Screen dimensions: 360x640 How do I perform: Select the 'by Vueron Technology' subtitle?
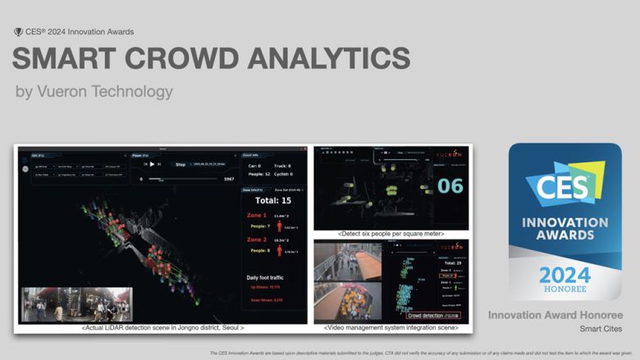(94, 92)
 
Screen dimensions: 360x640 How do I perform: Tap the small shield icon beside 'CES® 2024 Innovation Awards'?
(18, 32)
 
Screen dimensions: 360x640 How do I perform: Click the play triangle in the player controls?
(152, 164)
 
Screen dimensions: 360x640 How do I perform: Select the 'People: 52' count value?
(260, 175)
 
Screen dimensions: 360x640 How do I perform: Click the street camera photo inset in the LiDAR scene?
(76, 303)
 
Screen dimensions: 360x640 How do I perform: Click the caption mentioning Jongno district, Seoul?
(162, 328)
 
